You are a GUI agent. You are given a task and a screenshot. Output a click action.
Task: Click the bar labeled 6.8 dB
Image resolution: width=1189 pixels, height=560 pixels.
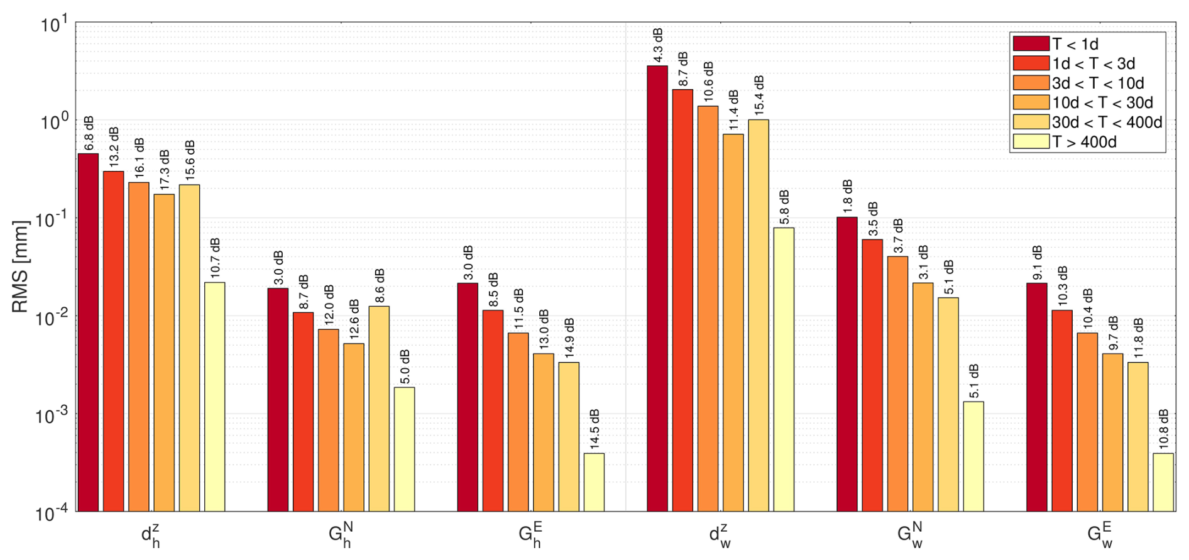tap(88, 332)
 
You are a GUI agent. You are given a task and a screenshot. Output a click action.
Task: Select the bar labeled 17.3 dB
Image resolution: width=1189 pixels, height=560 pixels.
tap(164, 353)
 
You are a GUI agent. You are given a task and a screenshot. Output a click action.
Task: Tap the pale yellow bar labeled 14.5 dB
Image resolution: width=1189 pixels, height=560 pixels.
tap(594, 482)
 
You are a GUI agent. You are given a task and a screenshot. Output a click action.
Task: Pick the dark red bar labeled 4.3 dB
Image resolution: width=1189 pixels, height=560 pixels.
tap(657, 288)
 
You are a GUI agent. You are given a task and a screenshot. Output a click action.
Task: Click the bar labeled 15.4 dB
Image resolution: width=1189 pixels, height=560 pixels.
tap(759, 316)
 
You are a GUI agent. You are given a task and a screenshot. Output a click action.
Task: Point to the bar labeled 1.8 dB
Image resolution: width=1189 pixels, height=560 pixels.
tap(847, 365)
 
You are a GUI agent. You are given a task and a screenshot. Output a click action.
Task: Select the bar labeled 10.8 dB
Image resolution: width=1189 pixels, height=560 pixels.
tap(1163, 482)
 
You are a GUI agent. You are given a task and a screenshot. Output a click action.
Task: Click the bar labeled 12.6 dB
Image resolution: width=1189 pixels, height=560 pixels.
tap(354, 427)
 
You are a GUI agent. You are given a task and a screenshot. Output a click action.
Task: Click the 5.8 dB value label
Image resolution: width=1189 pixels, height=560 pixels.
tap(784, 207)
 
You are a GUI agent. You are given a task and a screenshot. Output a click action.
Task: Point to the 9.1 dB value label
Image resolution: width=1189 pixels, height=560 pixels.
tap(1037, 263)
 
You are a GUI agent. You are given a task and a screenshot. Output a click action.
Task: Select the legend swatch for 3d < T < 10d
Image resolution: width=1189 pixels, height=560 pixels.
tap(1031, 83)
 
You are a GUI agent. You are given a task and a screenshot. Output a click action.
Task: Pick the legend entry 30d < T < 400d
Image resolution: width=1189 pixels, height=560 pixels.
tap(1088, 122)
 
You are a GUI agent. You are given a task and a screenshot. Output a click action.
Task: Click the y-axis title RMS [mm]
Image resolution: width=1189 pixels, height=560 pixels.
tap(21, 266)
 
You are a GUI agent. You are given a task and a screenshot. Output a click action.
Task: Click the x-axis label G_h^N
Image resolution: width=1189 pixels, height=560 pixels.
tap(340, 535)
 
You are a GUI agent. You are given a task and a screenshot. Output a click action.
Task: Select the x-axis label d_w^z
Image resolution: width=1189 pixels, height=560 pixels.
tap(720, 535)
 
